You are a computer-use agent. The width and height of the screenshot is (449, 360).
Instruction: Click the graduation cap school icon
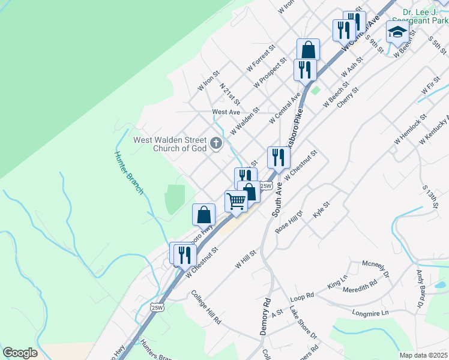(x=397, y=32)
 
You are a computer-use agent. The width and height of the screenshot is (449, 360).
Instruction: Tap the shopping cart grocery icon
(x=237, y=202)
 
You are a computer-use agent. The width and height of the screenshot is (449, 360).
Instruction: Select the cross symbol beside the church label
(x=216, y=143)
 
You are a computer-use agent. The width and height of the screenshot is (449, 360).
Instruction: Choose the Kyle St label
(x=322, y=211)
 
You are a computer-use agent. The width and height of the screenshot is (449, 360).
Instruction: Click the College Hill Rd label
(x=206, y=308)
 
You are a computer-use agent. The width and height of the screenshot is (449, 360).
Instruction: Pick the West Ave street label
(x=226, y=112)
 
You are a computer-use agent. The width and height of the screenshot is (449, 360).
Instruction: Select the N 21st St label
(x=230, y=94)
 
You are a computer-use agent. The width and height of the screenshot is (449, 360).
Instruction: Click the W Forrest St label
(x=261, y=58)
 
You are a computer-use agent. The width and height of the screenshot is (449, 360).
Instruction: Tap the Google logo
(x=20, y=353)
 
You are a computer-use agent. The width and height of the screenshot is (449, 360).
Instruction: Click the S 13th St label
(x=430, y=197)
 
